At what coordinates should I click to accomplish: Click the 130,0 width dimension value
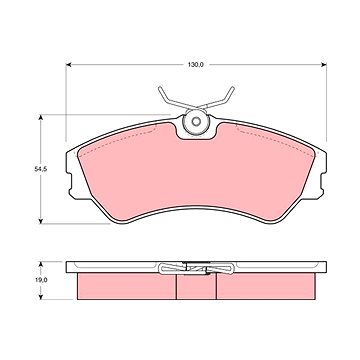tap(196, 65)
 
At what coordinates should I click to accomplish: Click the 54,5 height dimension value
tap(41, 169)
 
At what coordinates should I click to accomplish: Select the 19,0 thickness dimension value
tap(41, 280)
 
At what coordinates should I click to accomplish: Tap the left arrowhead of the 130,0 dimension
tap(68, 65)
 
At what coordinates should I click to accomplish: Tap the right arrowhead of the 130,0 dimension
tap(324, 65)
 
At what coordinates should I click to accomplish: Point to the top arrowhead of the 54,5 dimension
tap(41, 117)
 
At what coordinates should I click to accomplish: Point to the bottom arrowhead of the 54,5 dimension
tap(41, 221)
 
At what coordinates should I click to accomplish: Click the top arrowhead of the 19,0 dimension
tap(41, 264)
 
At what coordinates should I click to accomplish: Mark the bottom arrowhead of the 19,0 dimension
tap(41, 297)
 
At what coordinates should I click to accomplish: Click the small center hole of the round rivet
tap(196, 122)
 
